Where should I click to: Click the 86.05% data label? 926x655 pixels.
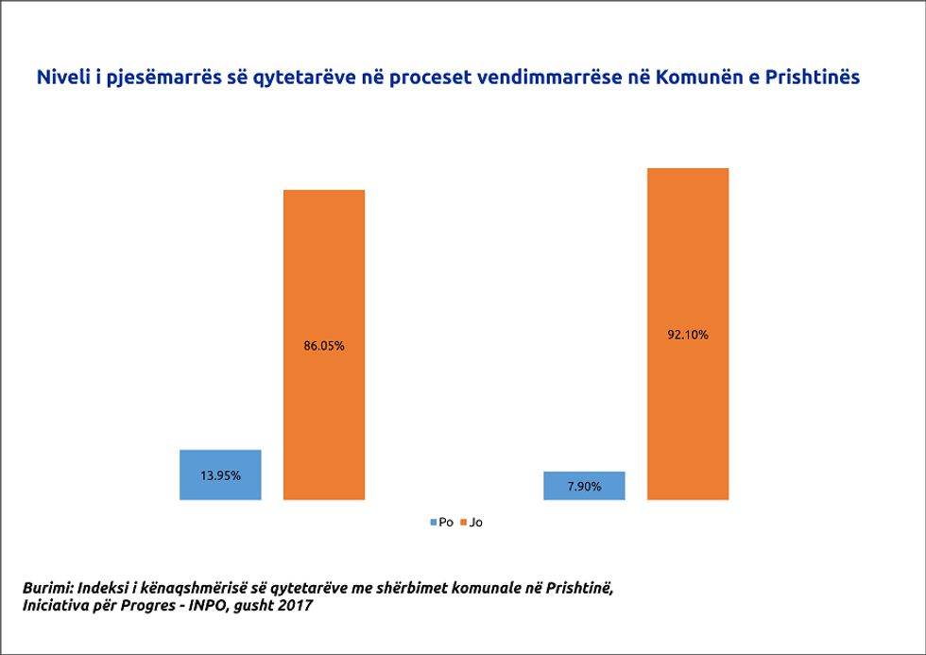point(324,346)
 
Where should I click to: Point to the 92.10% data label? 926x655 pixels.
point(688,334)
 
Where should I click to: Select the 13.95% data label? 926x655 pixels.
point(220,475)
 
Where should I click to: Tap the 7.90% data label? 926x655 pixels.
point(584,486)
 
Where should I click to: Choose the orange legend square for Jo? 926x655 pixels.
point(463,522)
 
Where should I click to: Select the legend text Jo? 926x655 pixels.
point(475,522)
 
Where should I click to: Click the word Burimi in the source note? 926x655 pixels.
point(46,588)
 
